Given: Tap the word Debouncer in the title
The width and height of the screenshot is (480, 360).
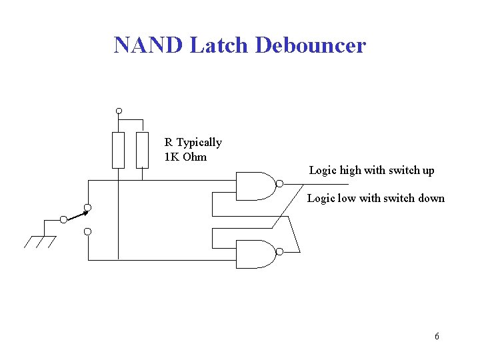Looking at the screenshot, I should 311,45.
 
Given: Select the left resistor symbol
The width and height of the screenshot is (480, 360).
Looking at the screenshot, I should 118,150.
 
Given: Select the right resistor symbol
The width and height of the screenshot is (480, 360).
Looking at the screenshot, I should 142,150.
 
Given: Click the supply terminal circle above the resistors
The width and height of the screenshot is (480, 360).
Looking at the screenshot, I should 119,111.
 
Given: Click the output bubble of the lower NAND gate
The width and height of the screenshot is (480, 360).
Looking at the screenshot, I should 280,251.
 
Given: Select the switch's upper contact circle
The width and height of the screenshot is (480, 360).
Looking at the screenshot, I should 88,206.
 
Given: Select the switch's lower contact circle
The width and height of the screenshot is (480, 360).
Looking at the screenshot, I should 88,231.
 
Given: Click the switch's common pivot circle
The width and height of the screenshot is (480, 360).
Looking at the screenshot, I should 63,219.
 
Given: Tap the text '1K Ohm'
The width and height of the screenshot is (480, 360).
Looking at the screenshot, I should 185,157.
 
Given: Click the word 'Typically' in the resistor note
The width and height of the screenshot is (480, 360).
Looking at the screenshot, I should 199,143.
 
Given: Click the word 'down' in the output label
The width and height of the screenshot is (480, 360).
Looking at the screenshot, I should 431,199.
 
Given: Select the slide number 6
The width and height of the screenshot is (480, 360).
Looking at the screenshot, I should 437,336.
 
